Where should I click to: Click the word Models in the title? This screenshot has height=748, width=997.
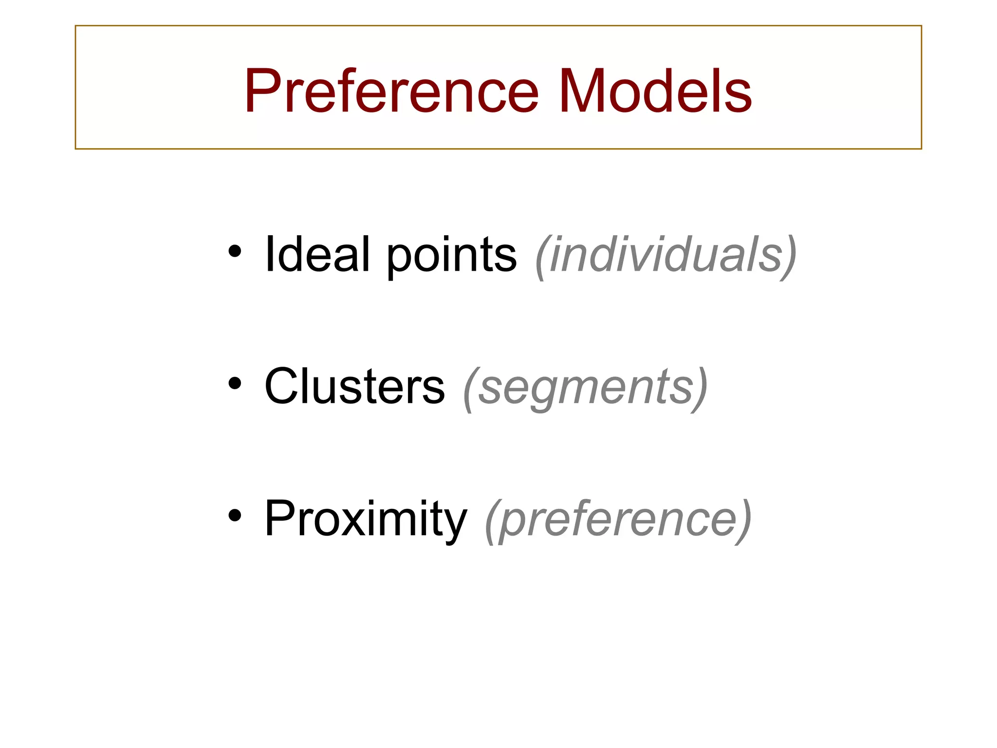655,91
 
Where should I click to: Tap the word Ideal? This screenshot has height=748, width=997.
317,254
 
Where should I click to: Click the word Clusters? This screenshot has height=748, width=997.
354,386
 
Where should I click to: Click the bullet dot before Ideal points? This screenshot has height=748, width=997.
235,252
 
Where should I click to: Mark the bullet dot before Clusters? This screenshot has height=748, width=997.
235,384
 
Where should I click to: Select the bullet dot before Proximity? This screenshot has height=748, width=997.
235,516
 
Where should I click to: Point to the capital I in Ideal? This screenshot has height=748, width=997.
269,254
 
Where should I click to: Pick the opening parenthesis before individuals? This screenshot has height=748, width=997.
541,257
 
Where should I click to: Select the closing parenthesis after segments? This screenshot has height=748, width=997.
700,389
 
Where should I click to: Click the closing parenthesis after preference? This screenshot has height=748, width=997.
743,521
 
